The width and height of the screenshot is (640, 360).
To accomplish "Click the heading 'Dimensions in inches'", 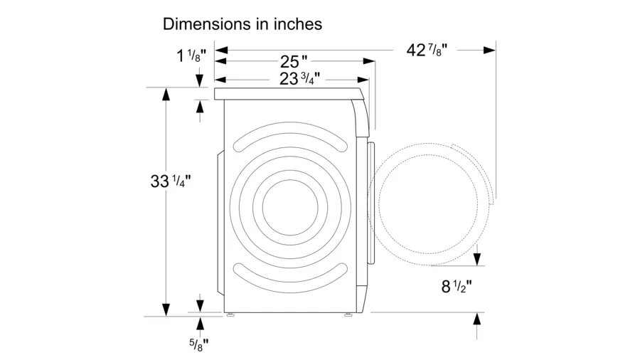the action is tap(242, 24).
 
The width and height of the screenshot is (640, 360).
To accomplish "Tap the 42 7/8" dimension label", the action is tap(427, 51).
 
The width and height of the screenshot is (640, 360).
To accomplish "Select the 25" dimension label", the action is tap(294, 62).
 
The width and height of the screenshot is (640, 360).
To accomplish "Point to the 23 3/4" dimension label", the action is tap(299, 78).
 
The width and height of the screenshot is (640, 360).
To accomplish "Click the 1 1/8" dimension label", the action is tap(191, 55).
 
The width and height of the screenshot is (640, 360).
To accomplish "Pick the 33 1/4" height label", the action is tap(171, 181).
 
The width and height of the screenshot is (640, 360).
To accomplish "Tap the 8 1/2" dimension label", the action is tap(457, 286).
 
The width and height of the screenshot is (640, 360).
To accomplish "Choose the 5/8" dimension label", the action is tap(199, 345).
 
